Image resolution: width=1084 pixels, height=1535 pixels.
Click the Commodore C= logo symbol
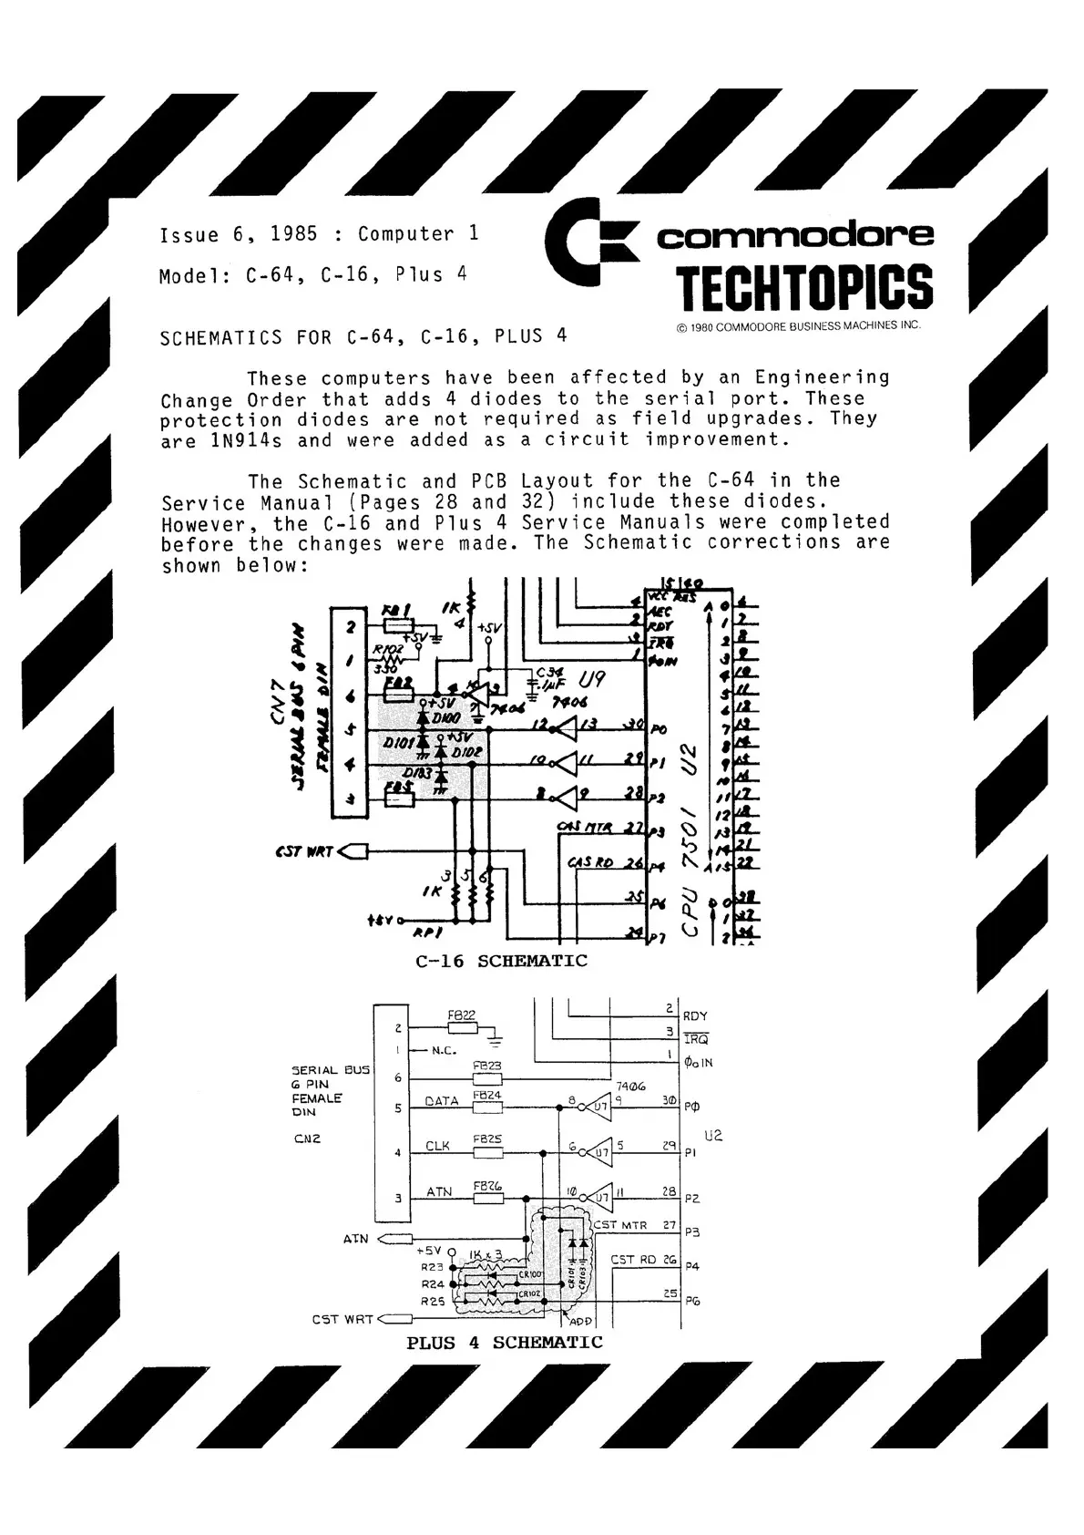(588, 242)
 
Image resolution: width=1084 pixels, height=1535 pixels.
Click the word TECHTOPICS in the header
(804, 287)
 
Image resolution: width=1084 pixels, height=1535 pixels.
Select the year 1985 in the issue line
(294, 234)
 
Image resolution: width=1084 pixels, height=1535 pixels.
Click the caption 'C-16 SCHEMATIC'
(501, 961)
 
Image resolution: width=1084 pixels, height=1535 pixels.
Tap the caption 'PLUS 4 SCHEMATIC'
(504, 1343)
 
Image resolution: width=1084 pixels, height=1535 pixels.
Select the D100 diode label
(447, 719)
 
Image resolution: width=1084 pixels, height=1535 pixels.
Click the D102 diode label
(466, 753)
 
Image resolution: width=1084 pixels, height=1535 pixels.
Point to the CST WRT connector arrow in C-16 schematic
(354, 852)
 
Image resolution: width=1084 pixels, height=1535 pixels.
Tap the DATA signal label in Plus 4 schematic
(442, 1101)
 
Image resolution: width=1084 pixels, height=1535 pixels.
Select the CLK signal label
(438, 1146)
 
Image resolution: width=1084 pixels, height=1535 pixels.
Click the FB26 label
(487, 1185)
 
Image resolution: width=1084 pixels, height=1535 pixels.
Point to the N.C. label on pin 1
(444, 1050)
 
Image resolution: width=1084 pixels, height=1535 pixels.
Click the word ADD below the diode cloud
(580, 1321)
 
